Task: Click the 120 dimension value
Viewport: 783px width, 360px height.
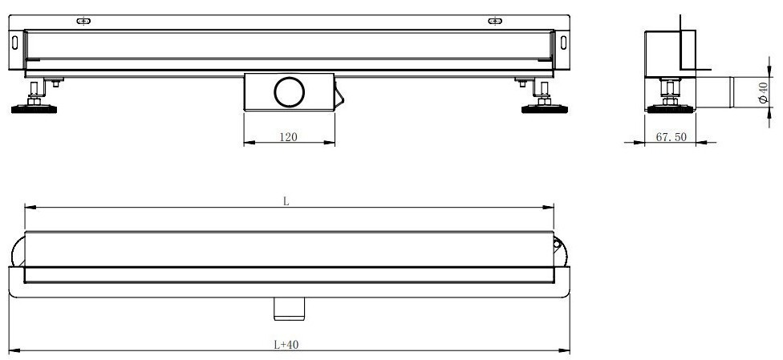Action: pos(289,137)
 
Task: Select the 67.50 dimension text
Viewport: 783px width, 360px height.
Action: pos(671,137)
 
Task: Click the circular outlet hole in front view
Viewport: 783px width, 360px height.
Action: pos(289,93)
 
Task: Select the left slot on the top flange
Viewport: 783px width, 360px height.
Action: pos(83,21)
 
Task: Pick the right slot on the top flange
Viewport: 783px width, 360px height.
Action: pos(495,21)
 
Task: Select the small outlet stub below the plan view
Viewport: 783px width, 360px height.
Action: pos(287,305)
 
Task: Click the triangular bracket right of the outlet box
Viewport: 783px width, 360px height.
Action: pos(340,95)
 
